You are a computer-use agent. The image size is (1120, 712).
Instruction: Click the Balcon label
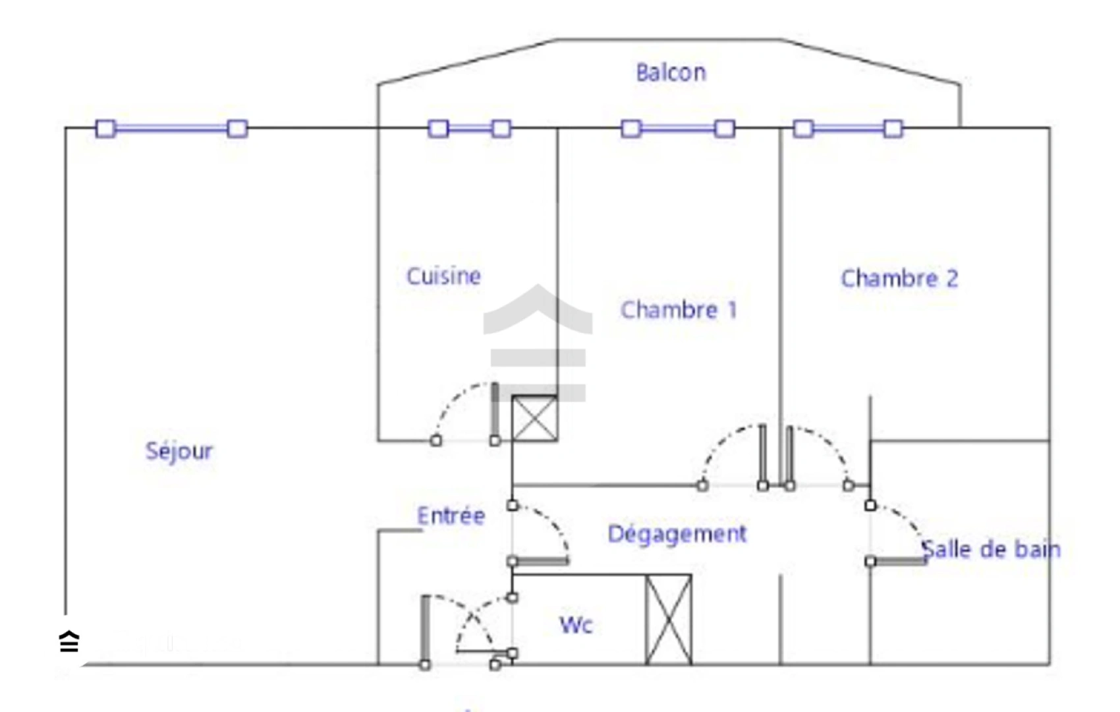[x=671, y=73]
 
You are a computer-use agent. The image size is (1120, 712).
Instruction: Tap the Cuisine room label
[x=443, y=276]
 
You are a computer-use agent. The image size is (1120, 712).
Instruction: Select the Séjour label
[x=179, y=452]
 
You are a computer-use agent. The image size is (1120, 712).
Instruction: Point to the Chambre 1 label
[x=679, y=310]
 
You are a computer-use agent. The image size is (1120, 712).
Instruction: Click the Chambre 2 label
[x=899, y=279]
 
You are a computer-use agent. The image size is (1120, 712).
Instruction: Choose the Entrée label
[x=451, y=516]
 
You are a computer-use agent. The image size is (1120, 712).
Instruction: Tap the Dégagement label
[x=677, y=534]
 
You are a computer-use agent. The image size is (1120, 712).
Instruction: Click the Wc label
[x=576, y=625]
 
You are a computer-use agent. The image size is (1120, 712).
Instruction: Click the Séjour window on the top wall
[x=171, y=128]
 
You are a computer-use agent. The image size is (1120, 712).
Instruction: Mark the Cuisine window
[x=470, y=128]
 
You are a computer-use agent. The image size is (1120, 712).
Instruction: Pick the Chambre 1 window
[x=678, y=128]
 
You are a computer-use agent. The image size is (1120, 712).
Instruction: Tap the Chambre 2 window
[x=848, y=128]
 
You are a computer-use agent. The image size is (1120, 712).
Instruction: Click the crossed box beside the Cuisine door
[x=534, y=418]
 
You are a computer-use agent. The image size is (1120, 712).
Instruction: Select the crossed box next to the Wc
[x=668, y=620]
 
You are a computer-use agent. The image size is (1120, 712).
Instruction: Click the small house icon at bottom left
[x=69, y=641]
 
